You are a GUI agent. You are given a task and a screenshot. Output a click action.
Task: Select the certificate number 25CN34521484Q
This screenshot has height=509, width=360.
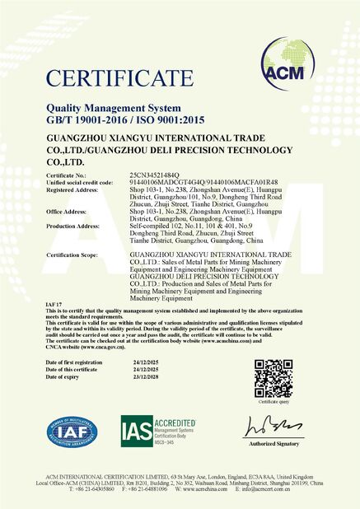pyautogui.click(x=157, y=175)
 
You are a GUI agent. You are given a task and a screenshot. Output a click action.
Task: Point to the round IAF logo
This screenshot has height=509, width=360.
pyautogui.click(x=72, y=432)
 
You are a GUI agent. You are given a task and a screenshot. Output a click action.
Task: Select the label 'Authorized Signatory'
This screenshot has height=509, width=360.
pyautogui.click(x=274, y=445)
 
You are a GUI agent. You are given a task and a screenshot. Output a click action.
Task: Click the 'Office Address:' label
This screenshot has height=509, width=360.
pyautogui.click(x=67, y=211)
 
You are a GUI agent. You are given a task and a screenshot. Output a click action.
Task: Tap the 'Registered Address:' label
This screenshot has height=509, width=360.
pyautogui.click(x=72, y=189)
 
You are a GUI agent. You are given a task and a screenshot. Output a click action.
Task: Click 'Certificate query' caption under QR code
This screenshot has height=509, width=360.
pyautogui.click(x=274, y=402)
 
